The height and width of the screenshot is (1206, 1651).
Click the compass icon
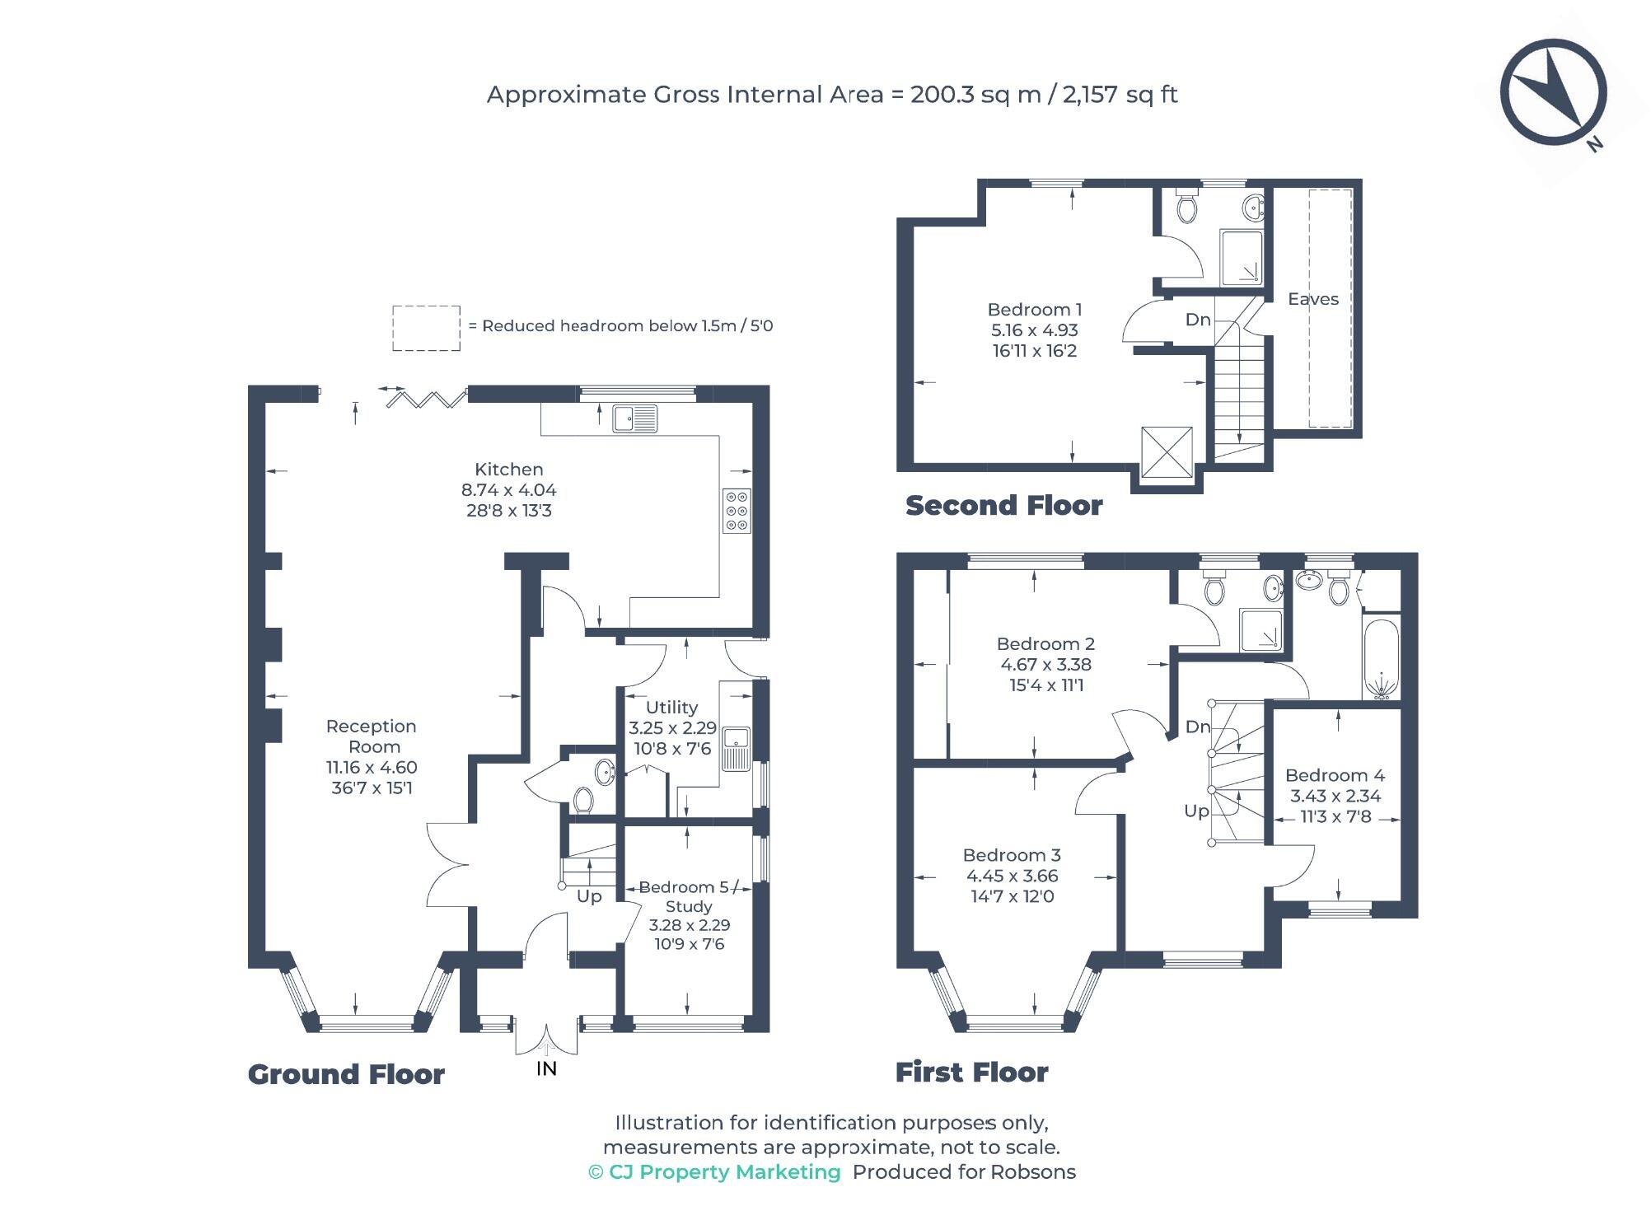tap(1553, 92)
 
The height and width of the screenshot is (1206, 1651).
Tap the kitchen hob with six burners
tap(737, 511)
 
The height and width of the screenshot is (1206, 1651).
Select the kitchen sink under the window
tap(634, 418)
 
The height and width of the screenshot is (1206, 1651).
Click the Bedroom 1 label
tap(1034, 310)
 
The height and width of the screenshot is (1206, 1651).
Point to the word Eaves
tap(1312, 299)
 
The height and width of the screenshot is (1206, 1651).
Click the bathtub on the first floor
tap(1380, 659)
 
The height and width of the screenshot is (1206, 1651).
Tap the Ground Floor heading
tap(346, 1074)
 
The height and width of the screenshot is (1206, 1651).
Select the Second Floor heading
tap(1003, 505)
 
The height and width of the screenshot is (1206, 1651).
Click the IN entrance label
tap(546, 1068)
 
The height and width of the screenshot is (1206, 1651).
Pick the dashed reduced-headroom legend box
tap(426, 328)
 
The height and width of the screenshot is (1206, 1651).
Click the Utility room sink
tap(736, 749)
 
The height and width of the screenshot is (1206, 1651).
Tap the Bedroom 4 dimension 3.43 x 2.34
tap(1335, 796)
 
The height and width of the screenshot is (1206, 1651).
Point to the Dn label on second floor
tap(1198, 320)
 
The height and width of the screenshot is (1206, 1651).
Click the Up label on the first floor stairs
tap(1195, 811)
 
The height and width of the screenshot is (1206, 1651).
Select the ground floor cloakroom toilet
tap(583, 799)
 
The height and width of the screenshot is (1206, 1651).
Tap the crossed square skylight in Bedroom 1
tap(1166, 451)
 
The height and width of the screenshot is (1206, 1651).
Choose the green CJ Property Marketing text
tap(714, 1171)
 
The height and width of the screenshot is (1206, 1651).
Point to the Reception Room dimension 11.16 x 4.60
tap(372, 767)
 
